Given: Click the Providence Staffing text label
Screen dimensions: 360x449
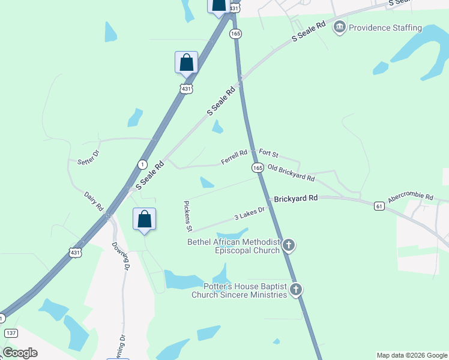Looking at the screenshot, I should point(385,28).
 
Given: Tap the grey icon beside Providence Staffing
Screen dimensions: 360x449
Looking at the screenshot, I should point(340,27).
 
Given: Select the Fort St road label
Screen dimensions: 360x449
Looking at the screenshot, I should point(269,155).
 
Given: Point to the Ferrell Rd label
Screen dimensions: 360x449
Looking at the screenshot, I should point(234,157).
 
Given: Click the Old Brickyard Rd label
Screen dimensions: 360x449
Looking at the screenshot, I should point(291,173).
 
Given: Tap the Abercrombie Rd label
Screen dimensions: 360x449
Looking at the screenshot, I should point(411,196).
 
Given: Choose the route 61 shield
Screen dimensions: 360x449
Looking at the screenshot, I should point(379,206).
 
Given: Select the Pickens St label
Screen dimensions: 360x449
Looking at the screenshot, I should point(188,217).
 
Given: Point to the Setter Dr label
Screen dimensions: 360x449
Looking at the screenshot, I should point(88,157).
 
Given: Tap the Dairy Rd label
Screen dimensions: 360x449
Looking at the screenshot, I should point(94,202).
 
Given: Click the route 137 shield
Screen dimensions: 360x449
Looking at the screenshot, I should point(11,332).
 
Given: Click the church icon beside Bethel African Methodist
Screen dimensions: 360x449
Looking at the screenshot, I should point(289,245).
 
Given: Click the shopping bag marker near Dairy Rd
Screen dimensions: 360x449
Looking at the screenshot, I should point(145,219).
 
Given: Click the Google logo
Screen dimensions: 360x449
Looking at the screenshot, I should point(20,353).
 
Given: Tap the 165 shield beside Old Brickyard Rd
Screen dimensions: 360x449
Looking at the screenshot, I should point(258,168).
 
